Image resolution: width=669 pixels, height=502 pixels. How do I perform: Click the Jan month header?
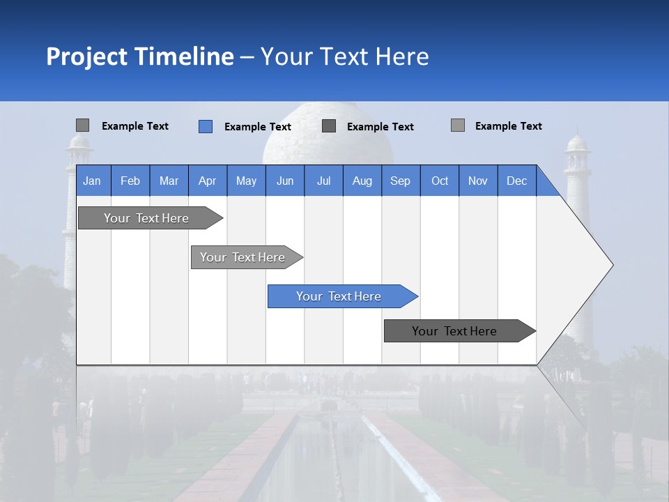pyautogui.click(x=92, y=181)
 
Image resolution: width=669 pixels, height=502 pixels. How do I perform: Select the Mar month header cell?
pyautogui.click(x=169, y=181)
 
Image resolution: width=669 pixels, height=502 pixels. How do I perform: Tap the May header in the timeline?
pyautogui.click(x=246, y=181)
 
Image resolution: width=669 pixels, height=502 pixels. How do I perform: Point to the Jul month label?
pyautogui.click(x=323, y=181)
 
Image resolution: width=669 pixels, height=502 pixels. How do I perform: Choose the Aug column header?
pyautogui.click(x=362, y=181)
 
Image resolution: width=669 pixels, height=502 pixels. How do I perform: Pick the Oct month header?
pyautogui.click(x=440, y=181)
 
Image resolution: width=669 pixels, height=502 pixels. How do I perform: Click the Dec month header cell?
pyautogui.click(x=516, y=181)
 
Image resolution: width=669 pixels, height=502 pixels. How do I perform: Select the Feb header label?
pyautogui.click(x=130, y=181)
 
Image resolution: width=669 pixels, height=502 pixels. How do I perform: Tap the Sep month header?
pyautogui.click(x=400, y=181)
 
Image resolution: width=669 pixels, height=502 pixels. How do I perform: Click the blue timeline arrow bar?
pyautogui.click(x=341, y=296)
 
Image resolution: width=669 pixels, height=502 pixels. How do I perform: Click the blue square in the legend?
pyautogui.click(x=206, y=126)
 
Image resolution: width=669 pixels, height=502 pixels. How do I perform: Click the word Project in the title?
pyautogui.click(x=87, y=56)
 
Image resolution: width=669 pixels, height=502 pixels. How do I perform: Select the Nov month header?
pyautogui.click(x=478, y=181)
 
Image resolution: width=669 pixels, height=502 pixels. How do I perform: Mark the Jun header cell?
pyautogui.click(x=285, y=181)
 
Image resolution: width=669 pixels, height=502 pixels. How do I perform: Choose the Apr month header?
pyautogui.click(x=207, y=181)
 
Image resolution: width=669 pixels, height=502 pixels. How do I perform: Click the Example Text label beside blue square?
pyautogui.click(x=258, y=127)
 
